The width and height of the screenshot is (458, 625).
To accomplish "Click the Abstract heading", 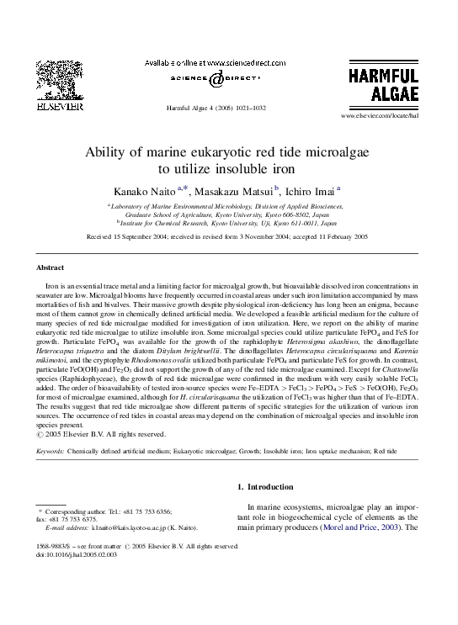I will pyautogui.click(x=50, y=267).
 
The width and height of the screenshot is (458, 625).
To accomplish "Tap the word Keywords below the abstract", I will pyautogui.click(x=51, y=452).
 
